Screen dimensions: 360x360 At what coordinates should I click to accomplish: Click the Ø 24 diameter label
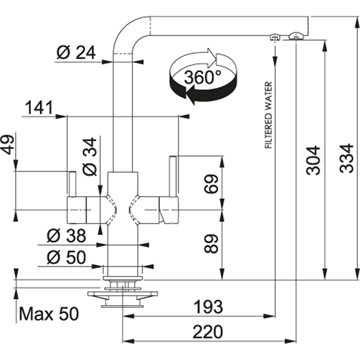(76, 52)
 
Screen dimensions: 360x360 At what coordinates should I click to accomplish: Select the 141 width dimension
(39, 108)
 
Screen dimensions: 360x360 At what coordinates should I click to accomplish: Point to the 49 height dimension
(8, 144)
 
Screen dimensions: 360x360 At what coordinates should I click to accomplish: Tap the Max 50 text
(49, 314)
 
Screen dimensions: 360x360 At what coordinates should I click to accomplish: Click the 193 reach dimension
(208, 307)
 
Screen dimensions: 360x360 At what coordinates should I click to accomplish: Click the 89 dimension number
(213, 244)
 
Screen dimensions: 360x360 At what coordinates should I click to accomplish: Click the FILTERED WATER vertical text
(268, 116)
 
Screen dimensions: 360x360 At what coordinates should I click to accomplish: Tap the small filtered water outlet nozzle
(275, 37)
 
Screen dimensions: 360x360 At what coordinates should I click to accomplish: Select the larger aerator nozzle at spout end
(296, 37)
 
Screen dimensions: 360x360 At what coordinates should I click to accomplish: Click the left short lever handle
(72, 184)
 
